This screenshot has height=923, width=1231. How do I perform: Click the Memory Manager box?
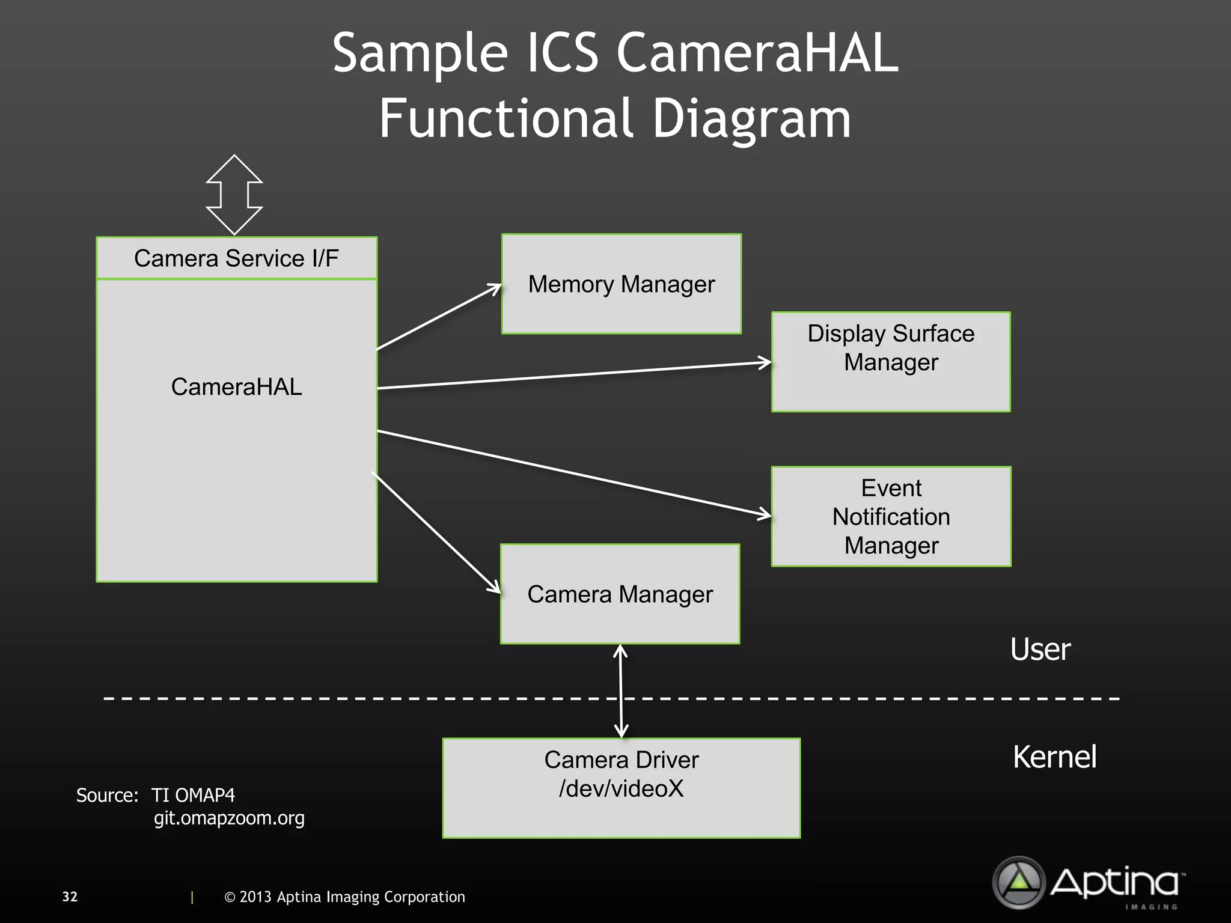tap(622, 284)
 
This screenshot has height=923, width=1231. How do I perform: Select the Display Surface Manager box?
tap(891, 362)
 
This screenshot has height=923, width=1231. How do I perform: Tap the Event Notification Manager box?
tap(891, 516)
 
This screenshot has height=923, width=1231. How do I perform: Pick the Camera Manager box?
tap(620, 594)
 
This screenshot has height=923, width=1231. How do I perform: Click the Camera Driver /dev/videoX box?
tap(622, 788)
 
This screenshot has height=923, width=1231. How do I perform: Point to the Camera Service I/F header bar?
tap(236, 258)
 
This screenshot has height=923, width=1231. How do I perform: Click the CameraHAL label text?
tap(236, 386)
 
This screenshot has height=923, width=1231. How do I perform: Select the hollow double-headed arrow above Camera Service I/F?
tap(234, 195)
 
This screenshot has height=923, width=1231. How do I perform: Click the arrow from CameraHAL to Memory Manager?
tap(439, 317)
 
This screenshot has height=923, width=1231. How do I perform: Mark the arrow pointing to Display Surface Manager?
tap(574, 376)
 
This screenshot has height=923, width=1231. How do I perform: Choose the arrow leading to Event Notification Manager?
tap(574, 473)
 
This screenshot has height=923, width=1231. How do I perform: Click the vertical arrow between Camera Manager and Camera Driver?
tap(621, 691)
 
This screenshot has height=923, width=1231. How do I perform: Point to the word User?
tap(1040, 650)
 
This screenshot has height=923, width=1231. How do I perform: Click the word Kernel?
tap(1054, 757)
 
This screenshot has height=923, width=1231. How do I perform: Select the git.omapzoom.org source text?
tap(229, 818)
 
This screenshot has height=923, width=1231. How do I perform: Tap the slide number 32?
tap(70, 897)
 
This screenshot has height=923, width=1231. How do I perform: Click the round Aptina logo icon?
tap(1019, 882)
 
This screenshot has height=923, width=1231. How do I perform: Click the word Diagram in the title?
tap(751, 118)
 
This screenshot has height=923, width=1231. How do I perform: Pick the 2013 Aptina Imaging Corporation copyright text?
tap(344, 897)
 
